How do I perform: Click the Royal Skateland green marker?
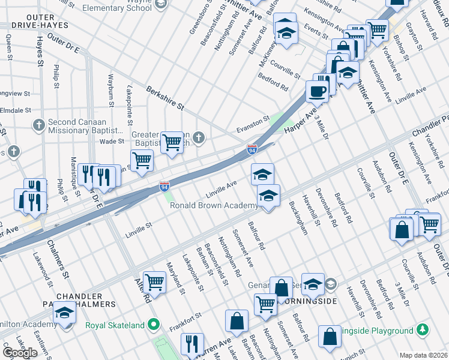(154, 325)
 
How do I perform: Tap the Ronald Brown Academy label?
(214, 205)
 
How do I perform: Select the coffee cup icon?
(317, 91)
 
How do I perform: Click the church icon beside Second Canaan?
(39, 125)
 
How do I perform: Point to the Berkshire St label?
(165, 97)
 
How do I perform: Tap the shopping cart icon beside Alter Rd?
(155, 281)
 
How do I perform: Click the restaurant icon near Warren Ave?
(192, 343)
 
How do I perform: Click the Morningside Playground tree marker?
(423, 330)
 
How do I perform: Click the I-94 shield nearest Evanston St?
(253, 148)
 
